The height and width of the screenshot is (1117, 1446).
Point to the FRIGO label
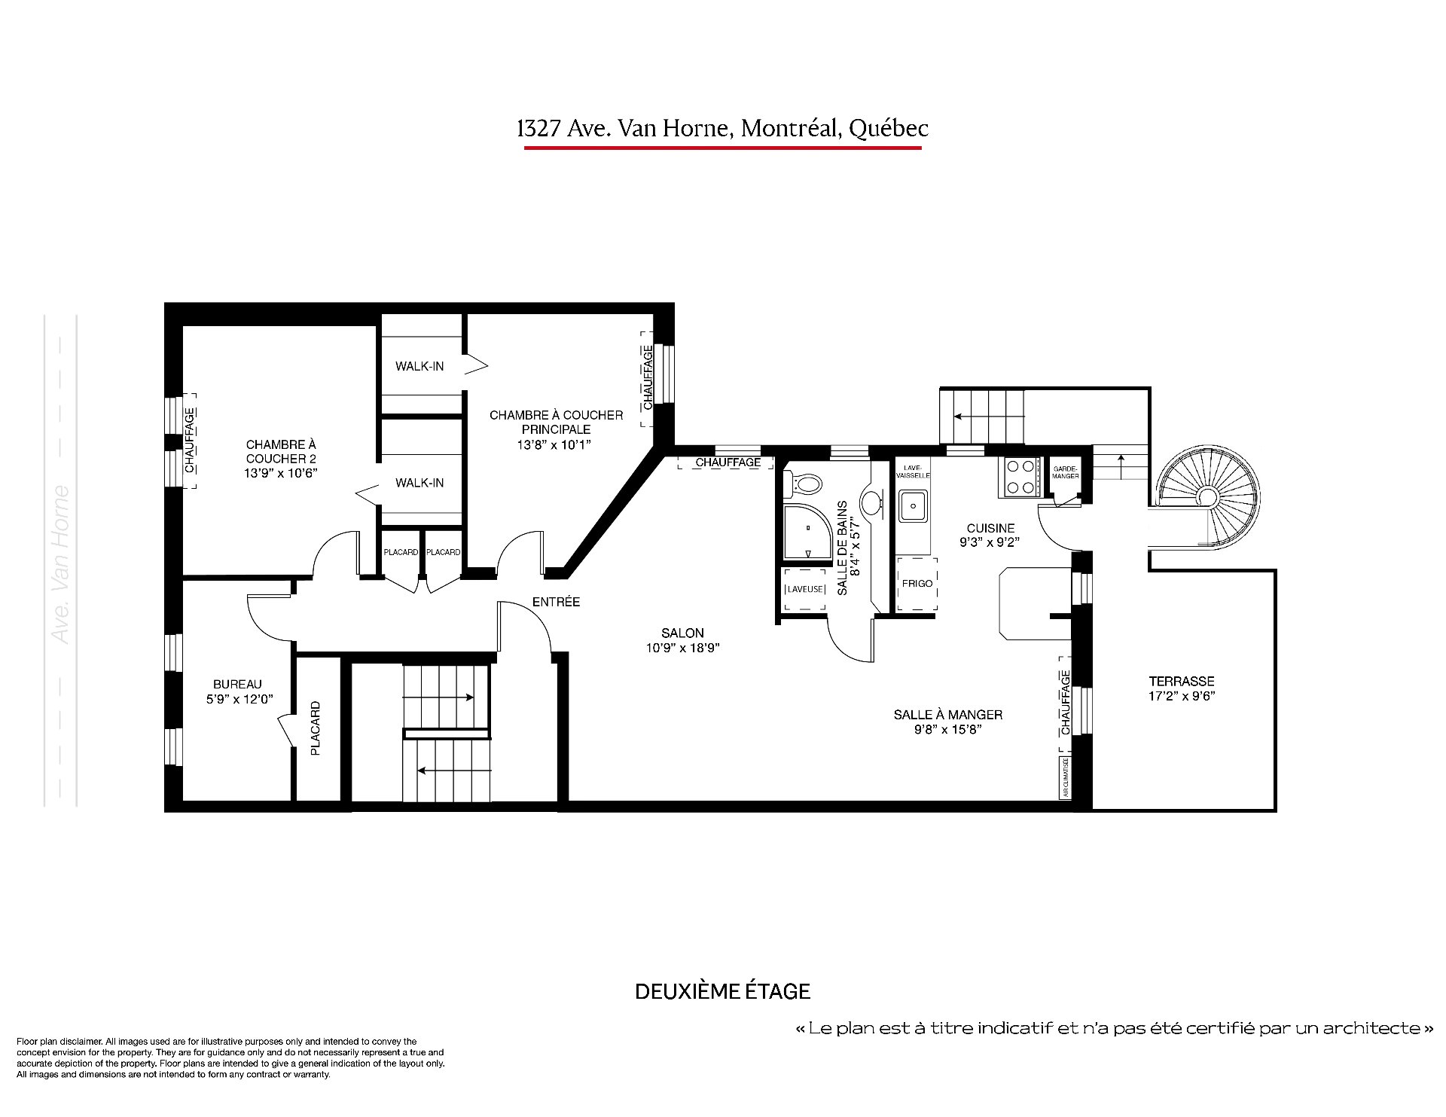coord(917,584)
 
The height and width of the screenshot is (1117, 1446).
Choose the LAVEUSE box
coord(804,589)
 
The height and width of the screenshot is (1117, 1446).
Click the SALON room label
coord(682,633)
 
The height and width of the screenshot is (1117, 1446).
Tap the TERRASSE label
coord(1181,681)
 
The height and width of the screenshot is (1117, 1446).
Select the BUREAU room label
coord(237,684)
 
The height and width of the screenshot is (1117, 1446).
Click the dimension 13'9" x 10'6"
coord(281,473)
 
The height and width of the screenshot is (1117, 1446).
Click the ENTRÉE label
coord(556,602)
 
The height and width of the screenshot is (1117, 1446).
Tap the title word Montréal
coord(791,129)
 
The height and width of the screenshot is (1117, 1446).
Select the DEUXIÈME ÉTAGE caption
coord(722,990)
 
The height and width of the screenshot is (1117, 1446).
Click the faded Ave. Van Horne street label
coord(61,565)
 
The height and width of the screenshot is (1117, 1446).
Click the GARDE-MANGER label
coord(1065,472)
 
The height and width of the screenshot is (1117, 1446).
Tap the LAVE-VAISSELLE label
coord(913,472)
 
